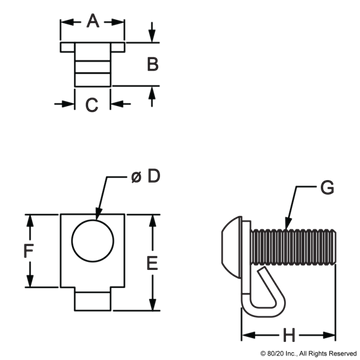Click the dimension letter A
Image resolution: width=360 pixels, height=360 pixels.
pos(93,22)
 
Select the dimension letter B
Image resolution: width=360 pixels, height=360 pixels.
pos(153,64)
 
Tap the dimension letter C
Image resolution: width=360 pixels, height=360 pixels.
pos(92,105)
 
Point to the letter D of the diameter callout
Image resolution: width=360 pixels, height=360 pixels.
pos(154,176)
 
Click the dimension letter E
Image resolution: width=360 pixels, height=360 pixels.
pos(152,263)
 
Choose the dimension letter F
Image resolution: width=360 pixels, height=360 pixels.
pos(28,251)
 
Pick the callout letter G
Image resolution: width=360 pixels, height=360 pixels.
pos(327,188)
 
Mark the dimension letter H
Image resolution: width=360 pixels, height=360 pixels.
pos(289,335)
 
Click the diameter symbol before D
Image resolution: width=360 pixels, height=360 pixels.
pos(136,177)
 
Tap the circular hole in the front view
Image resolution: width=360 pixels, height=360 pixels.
pos(93,240)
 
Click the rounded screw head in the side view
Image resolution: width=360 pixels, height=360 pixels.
pos(231,247)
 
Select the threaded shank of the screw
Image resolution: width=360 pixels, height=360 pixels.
pos(293,247)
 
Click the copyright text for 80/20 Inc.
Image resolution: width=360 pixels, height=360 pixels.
pos(308,353)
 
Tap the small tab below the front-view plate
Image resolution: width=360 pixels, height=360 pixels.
pos(92,299)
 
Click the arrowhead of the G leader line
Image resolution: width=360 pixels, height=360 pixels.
pos(288,224)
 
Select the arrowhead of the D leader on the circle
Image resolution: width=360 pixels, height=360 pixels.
pos(98,214)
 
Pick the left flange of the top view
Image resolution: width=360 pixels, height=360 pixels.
pos(68,47)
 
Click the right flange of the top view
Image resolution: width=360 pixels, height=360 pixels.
pos(118,47)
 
